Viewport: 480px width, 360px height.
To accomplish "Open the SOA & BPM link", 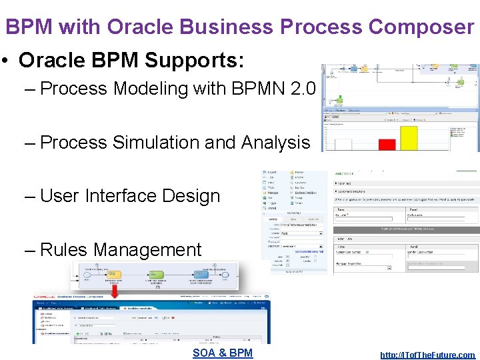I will [x=223, y=353].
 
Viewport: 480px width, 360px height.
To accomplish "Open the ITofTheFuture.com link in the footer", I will [x=427, y=355].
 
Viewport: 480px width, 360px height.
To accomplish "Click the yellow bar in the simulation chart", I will [x=408, y=138].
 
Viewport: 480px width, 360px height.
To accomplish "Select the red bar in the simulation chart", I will [x=387, y=144].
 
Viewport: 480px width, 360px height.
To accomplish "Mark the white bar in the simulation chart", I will [x=343, y=144].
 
